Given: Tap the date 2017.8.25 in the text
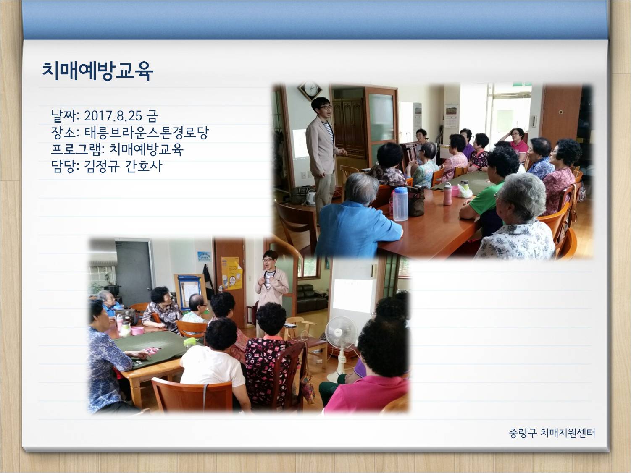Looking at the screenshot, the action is click(113, 116).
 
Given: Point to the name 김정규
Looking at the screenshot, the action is click(102, 166).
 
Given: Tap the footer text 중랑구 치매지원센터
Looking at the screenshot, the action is click(552, 433).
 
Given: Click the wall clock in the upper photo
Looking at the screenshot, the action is click(310, 91).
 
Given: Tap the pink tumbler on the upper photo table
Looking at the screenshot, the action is click(447, 194).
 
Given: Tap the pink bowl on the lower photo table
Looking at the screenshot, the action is click(137, 331).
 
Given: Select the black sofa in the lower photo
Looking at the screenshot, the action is click(312, 299).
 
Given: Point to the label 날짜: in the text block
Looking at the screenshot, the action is click(65, 116).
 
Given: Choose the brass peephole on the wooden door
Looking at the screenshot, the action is click(561, 112).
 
